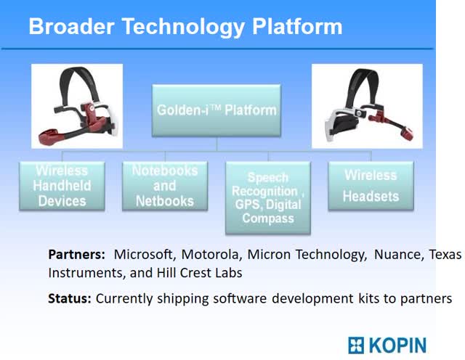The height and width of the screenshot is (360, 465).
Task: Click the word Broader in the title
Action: click(x=71, y=26)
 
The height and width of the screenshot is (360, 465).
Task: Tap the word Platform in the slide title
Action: click(x=297, y=27)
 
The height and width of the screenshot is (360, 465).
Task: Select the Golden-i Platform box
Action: click(x=217, y=110)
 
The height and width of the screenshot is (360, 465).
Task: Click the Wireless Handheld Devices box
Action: click(x=62, y=186)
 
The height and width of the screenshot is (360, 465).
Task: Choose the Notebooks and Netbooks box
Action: click(x=165, y=186)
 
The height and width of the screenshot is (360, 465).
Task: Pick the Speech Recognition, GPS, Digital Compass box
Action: click(x=268, y=197)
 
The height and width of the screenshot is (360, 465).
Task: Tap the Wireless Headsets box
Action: click(x=371, y=186)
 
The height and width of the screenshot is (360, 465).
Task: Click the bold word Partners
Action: click(x=76, y=255)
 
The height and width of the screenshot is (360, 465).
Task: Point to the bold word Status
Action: click(x=70, y=298)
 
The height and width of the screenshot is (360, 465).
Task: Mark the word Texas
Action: click(x=445, y=255)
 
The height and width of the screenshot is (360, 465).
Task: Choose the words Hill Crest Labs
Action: click(x=199, y=273)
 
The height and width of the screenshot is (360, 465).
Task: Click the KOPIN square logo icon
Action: click(x=356, y=345)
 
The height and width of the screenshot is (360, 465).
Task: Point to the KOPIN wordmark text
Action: click(x=397, y=345)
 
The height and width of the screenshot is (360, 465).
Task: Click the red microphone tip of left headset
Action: click(x=48, y=136)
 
